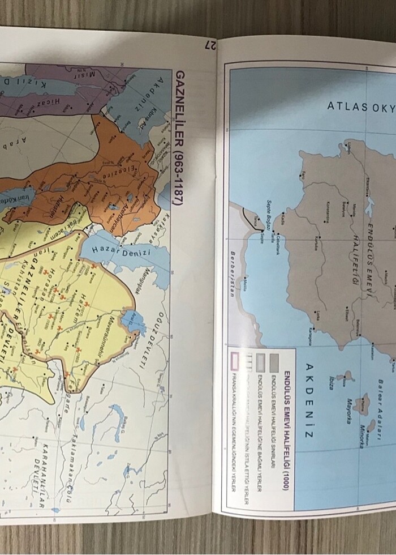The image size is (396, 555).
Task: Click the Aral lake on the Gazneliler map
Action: tap(134, 321)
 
